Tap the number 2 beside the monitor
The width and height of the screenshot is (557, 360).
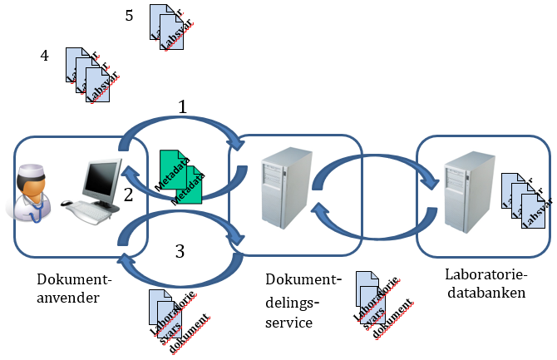pyautogui.click(x=128, y=196)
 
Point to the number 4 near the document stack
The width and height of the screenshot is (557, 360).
pyautogui.click(x=45, y=56)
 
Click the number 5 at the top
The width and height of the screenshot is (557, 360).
pyautogui.click(x=129, y=15)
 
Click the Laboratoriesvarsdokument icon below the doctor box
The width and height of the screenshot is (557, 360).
pyautogui.click(x=174, y=320)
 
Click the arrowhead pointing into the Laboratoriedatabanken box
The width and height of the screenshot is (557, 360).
pyautogui.click(x=431, y=188)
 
